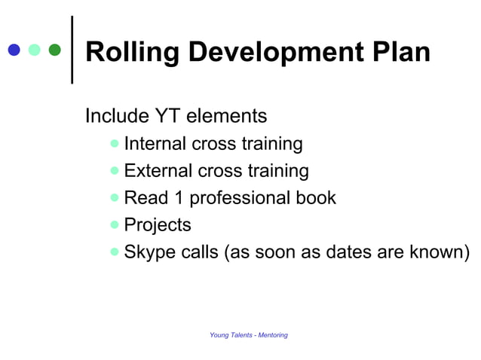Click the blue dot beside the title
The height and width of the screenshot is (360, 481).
pyautogui.click(x=14, y=50)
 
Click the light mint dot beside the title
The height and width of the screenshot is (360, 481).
pyautogui.click(x=34, y=50)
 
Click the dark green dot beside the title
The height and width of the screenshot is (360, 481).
pyautogui.click(x=54, y=50)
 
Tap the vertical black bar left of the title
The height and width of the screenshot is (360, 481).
pyautogui.click(x=72, y=50)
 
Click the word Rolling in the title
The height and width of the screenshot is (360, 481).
pyautogui.click(x=132, y=52)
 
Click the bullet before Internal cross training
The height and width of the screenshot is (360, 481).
pyautogui.click(x=114, y=143)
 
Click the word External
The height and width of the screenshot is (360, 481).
pyautogui.click(x=158, y=171)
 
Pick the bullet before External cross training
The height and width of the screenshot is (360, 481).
pyautogui.click(x=114, y=170)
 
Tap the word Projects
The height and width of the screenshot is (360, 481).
pyautogui.click(x=158, y=225)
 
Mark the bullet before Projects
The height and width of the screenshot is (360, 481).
pyautogui.click(x=114, y=224)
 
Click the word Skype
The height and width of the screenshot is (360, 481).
pyautogui.click(x=150, y=252)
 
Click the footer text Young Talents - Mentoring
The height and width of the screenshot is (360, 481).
pyautogui.click(x=248, y=335)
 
